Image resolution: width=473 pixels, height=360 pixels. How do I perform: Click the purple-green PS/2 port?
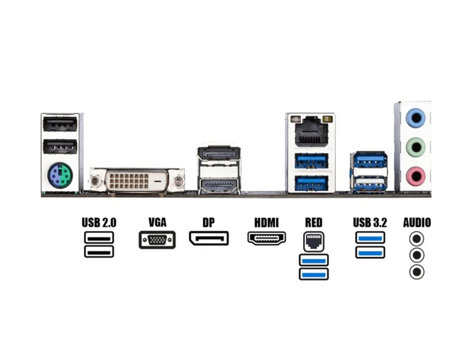60,176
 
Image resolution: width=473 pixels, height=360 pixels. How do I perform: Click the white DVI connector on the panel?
136,181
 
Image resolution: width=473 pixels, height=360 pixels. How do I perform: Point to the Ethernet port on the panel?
310,131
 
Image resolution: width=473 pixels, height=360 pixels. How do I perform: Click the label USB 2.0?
99,222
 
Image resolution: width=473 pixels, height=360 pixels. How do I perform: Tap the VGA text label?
157,222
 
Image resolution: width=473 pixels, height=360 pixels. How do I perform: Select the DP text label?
208,222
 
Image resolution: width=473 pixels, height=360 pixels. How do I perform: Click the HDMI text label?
267,222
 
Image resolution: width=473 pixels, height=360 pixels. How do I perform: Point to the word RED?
313,222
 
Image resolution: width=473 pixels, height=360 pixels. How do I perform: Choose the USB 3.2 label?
370,222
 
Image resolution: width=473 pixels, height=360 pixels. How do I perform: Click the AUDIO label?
417,222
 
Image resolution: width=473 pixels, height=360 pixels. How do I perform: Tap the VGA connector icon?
157,239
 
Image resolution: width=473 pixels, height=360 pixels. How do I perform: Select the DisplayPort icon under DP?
209,238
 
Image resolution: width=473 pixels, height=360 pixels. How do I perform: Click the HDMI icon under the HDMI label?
267,238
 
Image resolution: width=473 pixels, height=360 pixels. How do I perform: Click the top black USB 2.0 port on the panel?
60,124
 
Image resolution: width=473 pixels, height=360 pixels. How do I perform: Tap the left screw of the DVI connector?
95,181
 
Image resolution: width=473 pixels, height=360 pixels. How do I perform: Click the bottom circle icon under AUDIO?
417,272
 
